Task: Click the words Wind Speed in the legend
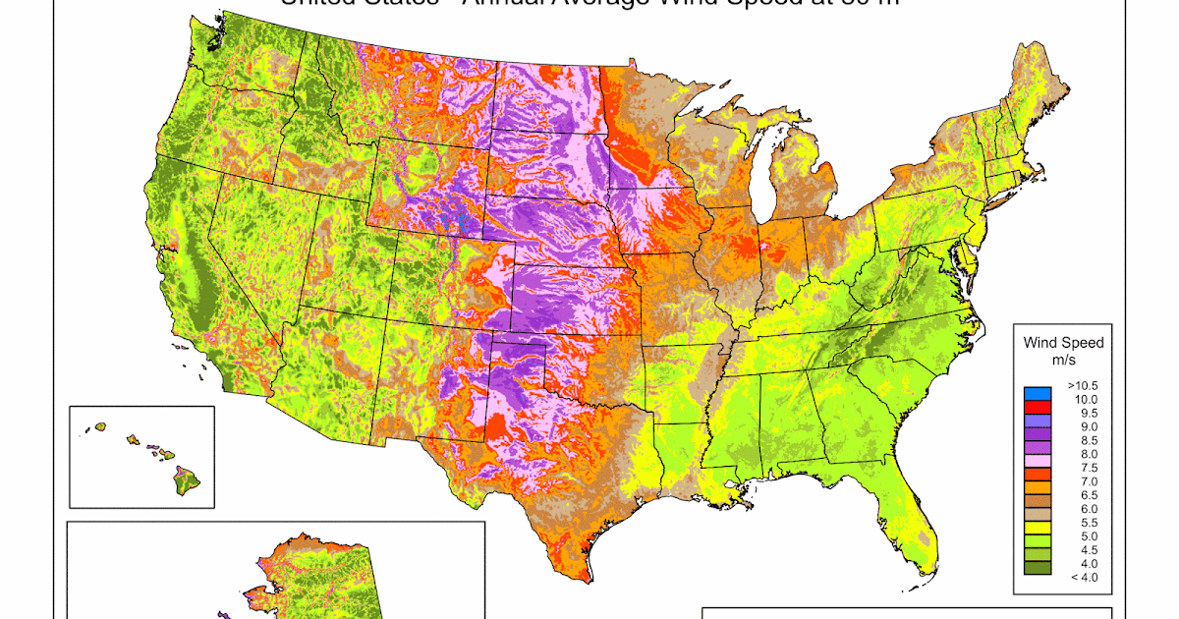click(x=1063, y=343)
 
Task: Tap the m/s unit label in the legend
click(x=1063, y=361)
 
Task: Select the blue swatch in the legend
click(x=1037, y=394)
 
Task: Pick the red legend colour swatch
click(x=1037, y=407)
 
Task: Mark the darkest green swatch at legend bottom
click(x=1037, y=568)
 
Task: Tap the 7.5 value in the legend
click(x=1084, y=468)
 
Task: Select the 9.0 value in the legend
click(x=1084, y=427)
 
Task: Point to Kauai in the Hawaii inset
click(x=99, y=427)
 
